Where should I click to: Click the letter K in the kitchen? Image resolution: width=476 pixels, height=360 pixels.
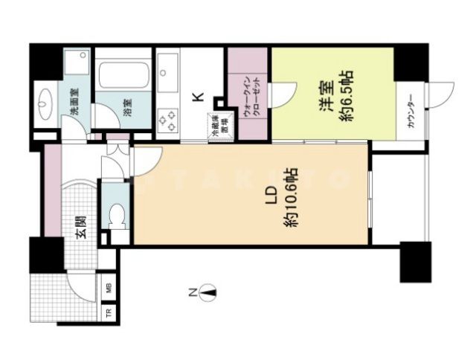coord(196,96)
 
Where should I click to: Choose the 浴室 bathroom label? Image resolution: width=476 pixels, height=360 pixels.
coord(129,106)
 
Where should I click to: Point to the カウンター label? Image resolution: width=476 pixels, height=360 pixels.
coord(410,114)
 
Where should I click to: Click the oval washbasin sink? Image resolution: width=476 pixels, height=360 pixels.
coord(45,102)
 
